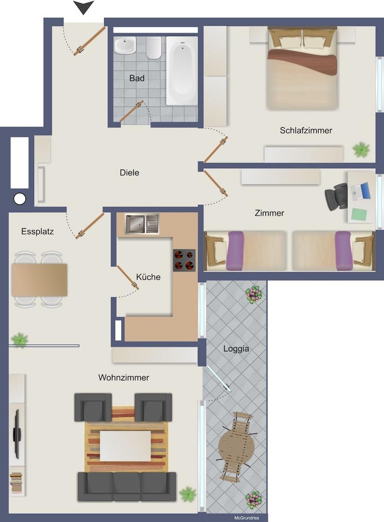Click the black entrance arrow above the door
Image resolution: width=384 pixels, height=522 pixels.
click(x=83, y=7)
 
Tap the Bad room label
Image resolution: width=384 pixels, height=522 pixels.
click(x=137, y=78)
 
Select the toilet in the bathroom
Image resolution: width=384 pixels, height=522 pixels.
click(x=154, y=48)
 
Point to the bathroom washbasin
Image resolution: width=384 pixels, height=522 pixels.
click(x=125, y=46)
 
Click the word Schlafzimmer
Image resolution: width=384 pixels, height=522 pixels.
click(x=306, y=130)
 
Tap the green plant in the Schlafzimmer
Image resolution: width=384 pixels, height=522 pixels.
click(x=361, y=149)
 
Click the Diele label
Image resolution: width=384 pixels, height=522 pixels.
click(x=129, y=173)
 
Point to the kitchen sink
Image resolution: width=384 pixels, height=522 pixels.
click(x=141, y=224)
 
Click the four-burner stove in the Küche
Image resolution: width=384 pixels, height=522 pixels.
click(x=184, y=260)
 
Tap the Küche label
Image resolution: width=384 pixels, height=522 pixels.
click(x=148, y=277)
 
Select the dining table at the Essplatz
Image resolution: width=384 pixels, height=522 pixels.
click(x=39, y=280)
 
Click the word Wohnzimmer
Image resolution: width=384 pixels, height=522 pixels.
click(x=123, y=377)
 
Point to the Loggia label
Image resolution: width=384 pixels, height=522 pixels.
click(x=236, y=348)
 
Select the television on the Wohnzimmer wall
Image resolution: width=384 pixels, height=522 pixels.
click(x=16, y=434)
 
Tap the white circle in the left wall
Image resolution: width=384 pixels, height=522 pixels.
click(x=20, y=198)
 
